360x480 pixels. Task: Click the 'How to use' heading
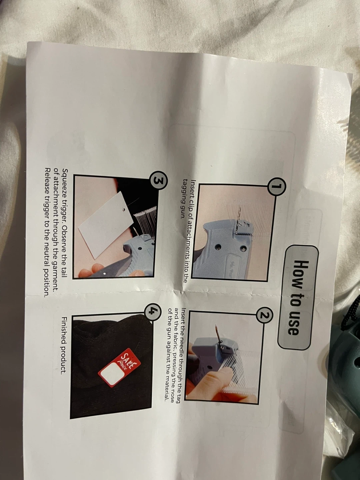298,298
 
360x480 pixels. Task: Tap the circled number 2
264,315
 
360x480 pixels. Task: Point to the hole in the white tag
124,210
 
